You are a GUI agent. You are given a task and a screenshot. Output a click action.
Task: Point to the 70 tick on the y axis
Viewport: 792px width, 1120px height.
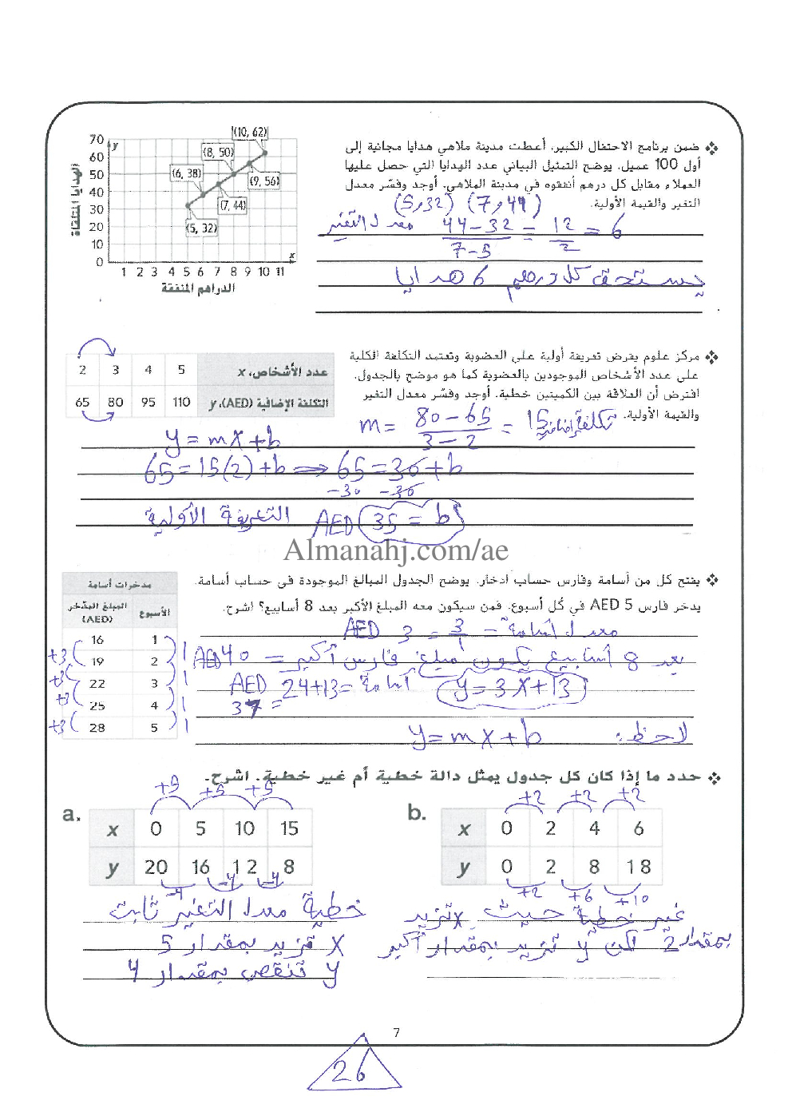tap(96, 140)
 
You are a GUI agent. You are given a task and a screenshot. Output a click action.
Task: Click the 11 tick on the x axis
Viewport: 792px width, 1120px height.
tap(280, 272)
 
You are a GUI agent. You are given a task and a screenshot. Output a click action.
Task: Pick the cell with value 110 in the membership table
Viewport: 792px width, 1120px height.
tap(181, 402)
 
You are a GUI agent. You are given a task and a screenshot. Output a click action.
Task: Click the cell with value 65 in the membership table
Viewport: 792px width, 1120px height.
tap(82, 402)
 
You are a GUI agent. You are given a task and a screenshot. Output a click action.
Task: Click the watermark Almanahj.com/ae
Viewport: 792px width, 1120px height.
tap(395, 550)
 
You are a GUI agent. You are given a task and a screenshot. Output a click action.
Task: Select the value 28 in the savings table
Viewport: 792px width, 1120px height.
tap(97, 728)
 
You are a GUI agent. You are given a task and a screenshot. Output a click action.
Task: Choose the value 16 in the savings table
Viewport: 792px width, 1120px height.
tap(97, 640)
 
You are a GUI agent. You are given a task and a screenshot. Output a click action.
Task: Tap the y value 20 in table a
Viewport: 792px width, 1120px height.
tap(156, 867)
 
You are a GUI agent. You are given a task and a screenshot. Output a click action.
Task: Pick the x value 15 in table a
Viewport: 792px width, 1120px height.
tap(289, 828)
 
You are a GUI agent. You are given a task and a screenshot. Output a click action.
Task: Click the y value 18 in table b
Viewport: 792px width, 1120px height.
tap(639, 867)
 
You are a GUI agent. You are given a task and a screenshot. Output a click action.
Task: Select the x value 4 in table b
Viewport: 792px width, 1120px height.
tap(594, 828)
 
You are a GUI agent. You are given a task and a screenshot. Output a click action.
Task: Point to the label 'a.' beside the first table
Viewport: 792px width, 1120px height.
tap(72, 815)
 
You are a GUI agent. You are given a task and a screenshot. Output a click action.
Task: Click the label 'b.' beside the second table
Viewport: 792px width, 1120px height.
tap(417, 813)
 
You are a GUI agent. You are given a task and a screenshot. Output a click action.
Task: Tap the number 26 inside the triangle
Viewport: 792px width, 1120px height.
tap(349, 1071)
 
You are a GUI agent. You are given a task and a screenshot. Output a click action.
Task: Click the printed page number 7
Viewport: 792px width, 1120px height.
tap(397, 1033)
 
